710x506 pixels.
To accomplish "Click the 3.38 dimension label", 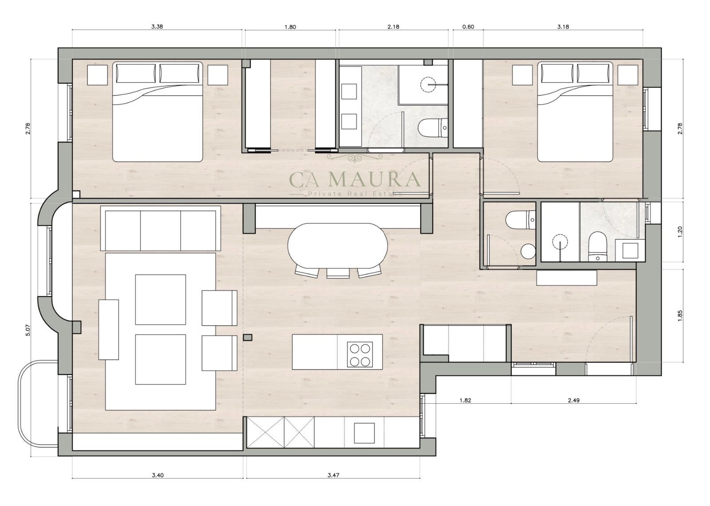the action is point(157,27).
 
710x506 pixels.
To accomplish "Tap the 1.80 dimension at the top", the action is point(290,27).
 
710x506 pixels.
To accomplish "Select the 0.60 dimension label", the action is point(468,27).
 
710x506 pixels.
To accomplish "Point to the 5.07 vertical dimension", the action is point(28,330).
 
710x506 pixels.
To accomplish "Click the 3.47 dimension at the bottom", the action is point(333,475).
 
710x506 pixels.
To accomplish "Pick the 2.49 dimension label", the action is point(573,400).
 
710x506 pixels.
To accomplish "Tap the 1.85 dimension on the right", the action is point(679,316).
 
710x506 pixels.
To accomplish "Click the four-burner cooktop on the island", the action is point(360,354).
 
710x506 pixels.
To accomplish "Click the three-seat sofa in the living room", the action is point(160,229).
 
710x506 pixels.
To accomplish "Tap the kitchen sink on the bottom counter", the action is point(364,433).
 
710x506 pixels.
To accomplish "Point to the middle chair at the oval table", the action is point(338,273).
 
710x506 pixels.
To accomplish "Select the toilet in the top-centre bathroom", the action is point(433,128).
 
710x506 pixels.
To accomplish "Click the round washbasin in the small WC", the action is point(528,251).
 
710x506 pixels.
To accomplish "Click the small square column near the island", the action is point(248,338).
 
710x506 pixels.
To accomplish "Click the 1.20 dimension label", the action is point(679,232).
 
